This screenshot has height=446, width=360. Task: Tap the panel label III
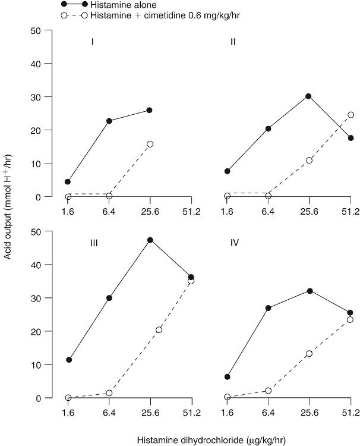(92, 243)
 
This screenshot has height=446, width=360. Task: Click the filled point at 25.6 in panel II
(309, 96)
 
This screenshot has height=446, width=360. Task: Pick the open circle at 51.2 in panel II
(350, 115)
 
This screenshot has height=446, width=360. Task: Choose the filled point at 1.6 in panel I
(68, 182)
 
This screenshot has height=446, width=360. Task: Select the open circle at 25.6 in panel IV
(309, 353)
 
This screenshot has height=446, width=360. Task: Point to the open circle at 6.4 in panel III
(109, 393)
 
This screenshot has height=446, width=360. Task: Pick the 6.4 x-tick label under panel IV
(269, 413)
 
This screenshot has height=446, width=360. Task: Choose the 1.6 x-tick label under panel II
(227, 212)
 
